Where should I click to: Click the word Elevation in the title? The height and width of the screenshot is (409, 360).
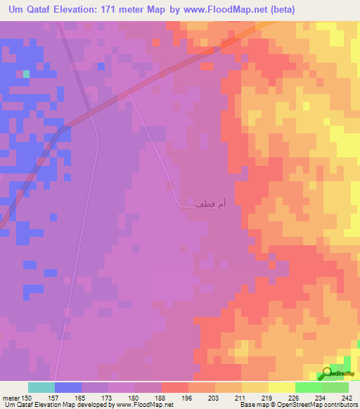(x=86, y=10)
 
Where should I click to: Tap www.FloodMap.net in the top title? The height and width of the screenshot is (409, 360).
(x=224, y=10)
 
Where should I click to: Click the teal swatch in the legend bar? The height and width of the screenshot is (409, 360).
(x=41, y=387)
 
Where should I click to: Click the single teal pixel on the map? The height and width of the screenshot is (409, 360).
(x=27, y=73)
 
